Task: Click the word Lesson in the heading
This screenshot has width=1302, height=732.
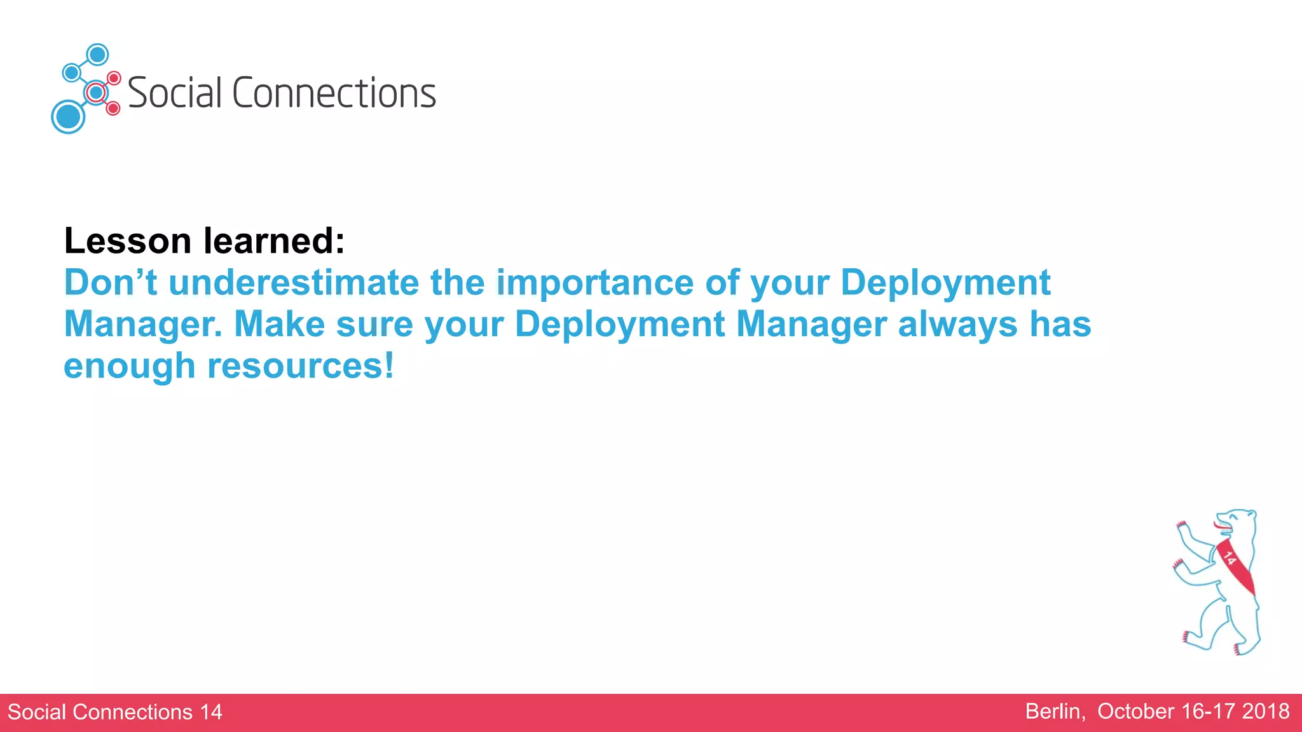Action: [x=127, y=241]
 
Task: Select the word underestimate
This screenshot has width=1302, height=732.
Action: [x=294, y=283]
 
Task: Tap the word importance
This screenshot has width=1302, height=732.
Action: [x=594, y=283]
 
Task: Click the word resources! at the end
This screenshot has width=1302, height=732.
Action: [x=301, y=367]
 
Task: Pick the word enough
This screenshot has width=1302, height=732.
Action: [x=129, y=367]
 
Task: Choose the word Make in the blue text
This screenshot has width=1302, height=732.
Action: [x=280, y=325]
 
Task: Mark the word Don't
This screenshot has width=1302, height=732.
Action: [x=110, y=283]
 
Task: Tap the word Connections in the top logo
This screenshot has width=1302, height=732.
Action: [x=334, y=93]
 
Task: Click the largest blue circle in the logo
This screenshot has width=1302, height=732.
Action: [x=68, y=117]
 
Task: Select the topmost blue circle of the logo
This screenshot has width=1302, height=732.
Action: [x=97, y=55]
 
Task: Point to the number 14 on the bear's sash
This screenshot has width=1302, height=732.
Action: [x=1230, y=559]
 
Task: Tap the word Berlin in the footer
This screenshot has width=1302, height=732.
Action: [x=1055, y=712]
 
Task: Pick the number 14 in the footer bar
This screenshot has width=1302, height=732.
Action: [x=211, y=712]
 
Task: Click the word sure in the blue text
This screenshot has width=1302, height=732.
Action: [x=374, y=325]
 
